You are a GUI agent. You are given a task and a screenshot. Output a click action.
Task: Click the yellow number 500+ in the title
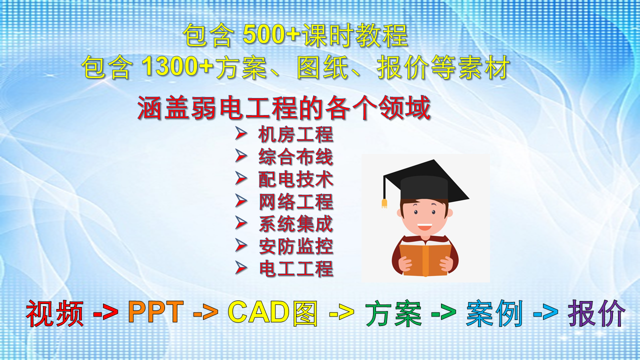coord(271,34)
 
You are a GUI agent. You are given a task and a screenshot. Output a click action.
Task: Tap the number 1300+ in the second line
coord(177,66)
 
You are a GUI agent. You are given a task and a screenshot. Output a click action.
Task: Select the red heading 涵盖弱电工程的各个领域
coord(284,107)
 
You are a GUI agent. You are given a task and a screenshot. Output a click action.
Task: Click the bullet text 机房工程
coord(295,134)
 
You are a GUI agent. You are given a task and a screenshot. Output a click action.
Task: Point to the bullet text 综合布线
coord(295,156)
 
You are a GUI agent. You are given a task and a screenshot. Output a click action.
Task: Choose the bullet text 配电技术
coord(295,179)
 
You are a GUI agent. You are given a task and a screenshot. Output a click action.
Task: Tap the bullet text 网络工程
coord(295,201)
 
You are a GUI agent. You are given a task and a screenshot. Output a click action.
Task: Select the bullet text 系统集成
coord(295,223)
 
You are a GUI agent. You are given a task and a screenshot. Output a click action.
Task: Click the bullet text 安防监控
coord(295,246)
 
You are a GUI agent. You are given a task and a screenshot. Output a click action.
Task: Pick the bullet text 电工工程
coord(295,268)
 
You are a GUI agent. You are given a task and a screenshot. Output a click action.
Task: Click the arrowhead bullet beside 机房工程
coord(241,133)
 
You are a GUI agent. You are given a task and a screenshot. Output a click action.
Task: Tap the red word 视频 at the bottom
coord(55,313)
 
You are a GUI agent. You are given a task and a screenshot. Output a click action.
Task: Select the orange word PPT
coord(155,312)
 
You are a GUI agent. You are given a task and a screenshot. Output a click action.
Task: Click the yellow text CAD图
coord(273,313)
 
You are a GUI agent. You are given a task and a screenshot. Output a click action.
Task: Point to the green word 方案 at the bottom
coord(393,313)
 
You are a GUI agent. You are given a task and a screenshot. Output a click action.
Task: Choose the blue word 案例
coord(494,313)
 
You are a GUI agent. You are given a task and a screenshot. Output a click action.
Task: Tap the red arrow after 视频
coord(105,313)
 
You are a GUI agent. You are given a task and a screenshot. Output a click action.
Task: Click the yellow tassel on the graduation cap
coord(384,203)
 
